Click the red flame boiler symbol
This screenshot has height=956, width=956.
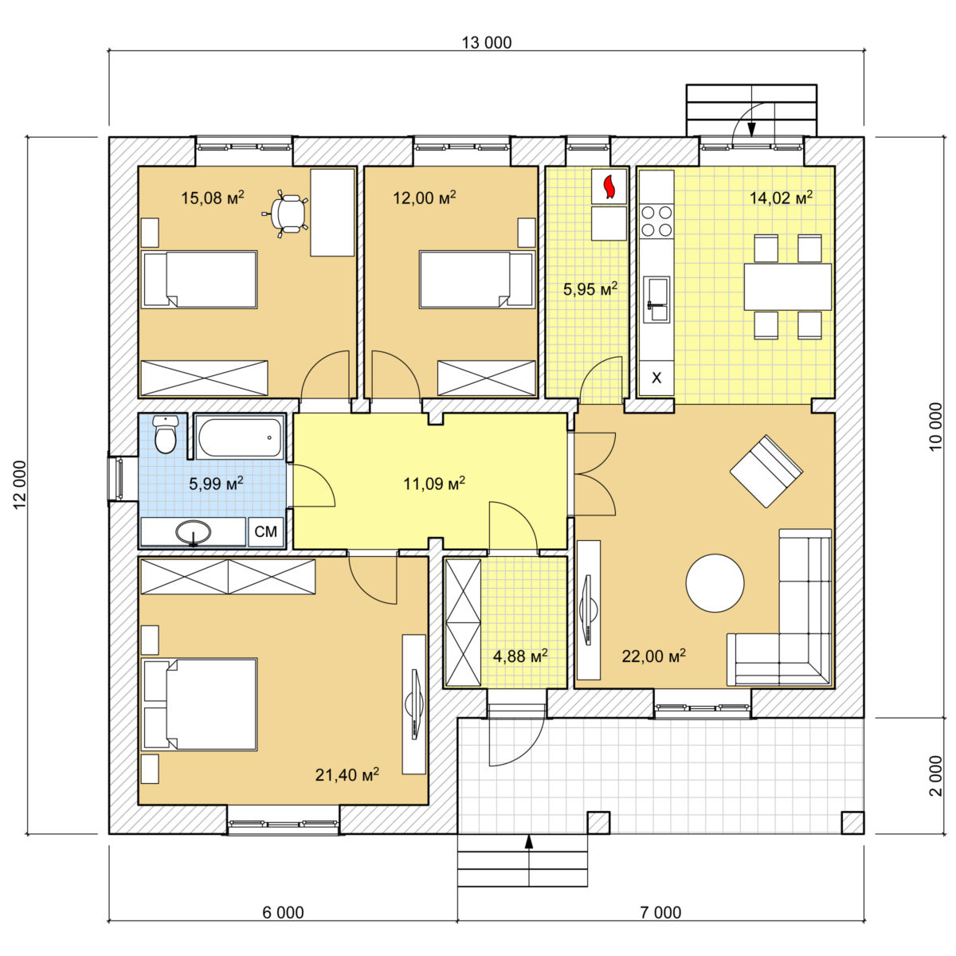pyautogui.click(x=609, y=186)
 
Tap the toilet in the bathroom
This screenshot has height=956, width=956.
pyautogui.click(x=165, y=434)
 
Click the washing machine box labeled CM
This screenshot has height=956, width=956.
pyautogui.click(x=265, y=532)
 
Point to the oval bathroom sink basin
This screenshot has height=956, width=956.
pyautogui.click(x=194, y=532)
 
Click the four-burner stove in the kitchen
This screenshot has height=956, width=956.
pyautogui.click(x=656, y=221)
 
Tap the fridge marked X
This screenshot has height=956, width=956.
pyautogui.click(x=656, y=378)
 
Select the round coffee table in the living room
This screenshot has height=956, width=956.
pyautogui.click(x=715, y=583)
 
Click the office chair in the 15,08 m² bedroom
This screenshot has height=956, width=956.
pyautogui.click(x=287, y=214)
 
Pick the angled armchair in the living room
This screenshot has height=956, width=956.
pyautogui.click(x=766, y=471)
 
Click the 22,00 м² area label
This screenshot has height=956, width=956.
pyautogui.click(x=654, y=656)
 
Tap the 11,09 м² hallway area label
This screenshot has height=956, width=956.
pyautogui.click(x=434, y=483)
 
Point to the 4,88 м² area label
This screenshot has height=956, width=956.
pyautogui.click(x=520, y=656)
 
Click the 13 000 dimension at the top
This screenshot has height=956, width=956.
pyautogui.click(x=487, y=43)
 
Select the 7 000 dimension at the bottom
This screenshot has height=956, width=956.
pyautogui.click(x=660, y=912)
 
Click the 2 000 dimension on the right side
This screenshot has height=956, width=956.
pyautogui.click(x=935, y=776)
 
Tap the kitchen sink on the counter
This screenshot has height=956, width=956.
pyautogui.click(x=656, y=300)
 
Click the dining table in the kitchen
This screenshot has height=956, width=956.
pyautogui.click(x=787, y=287)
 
